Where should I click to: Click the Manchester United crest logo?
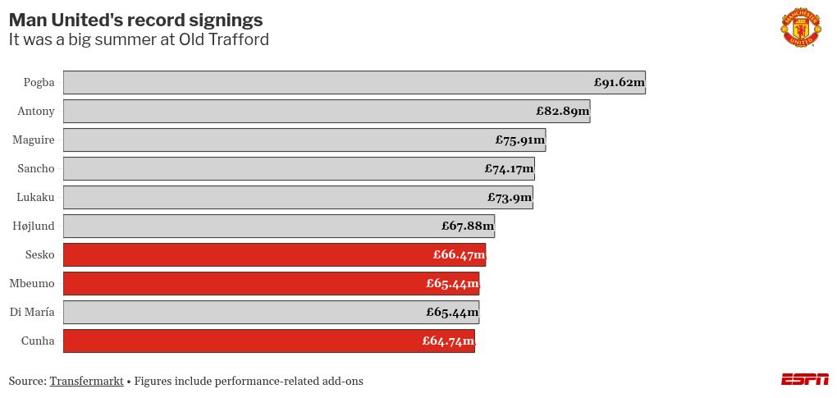800,27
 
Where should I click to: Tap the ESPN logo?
804,379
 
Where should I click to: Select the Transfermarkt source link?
86,381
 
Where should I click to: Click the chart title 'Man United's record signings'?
135,20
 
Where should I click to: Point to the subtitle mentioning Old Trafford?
139,39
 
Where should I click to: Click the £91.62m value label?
619,82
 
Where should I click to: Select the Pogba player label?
39,82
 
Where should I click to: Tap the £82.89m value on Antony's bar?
562,111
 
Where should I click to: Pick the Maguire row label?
34,140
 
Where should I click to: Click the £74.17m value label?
509,168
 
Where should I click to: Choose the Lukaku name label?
35,197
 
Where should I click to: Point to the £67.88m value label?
468,226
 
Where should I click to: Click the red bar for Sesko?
246,254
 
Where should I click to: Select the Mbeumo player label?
32,283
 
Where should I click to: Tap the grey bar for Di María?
246,312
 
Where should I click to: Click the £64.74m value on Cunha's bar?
448,341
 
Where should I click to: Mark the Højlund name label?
34,226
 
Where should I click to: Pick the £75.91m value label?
520,140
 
